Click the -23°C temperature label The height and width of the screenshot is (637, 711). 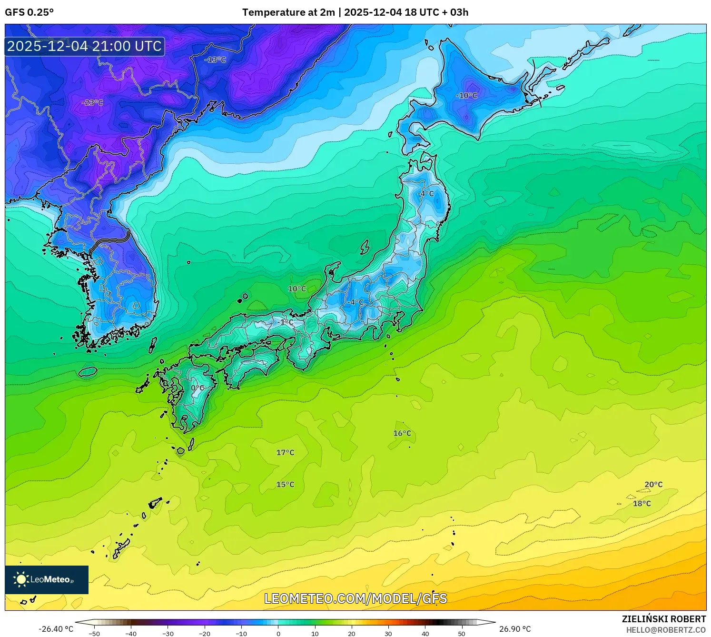(x=92, y=102)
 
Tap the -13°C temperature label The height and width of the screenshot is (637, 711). (x=215, y=60)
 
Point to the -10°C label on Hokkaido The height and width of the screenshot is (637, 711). (x=466, y=95)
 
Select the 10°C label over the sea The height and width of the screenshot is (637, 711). (x=297, y=289)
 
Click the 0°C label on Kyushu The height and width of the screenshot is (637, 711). (x=197, y=388)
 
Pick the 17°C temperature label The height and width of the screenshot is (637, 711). (x=285, y=452)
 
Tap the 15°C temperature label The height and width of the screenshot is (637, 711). (x=285, y=484)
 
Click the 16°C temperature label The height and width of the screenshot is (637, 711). (x=402, y=433)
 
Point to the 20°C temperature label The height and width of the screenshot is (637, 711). (x=653, y=484)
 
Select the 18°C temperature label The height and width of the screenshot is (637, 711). (x=642, y=503)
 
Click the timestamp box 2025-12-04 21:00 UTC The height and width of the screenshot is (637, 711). (x=85, y=46)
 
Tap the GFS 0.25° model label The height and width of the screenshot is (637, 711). (x=29, y=12)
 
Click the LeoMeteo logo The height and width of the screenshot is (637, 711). (x=47, y=579)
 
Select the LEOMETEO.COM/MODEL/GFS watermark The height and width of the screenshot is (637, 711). (x=355, y=598)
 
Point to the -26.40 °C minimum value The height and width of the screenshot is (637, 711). (x=56, y=629)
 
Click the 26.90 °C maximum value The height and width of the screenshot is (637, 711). (x=515, y=629)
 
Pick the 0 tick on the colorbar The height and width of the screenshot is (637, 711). (x=278, y=634)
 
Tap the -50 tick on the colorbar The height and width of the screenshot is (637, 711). (x=94, y=634)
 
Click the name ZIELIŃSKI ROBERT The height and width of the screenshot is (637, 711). (x=664, y=619)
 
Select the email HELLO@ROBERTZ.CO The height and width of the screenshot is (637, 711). (x=666, y=630)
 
